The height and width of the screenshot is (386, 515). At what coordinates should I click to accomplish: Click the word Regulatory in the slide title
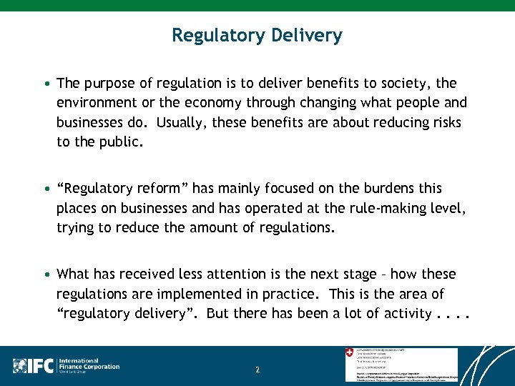pyautogui.click(x=217, y=35)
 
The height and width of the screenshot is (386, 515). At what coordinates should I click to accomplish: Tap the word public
pyautogui.click(x=122, y=142)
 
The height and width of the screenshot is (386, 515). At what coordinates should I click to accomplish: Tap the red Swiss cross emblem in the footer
pyautogui.click(x=349, y=353)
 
